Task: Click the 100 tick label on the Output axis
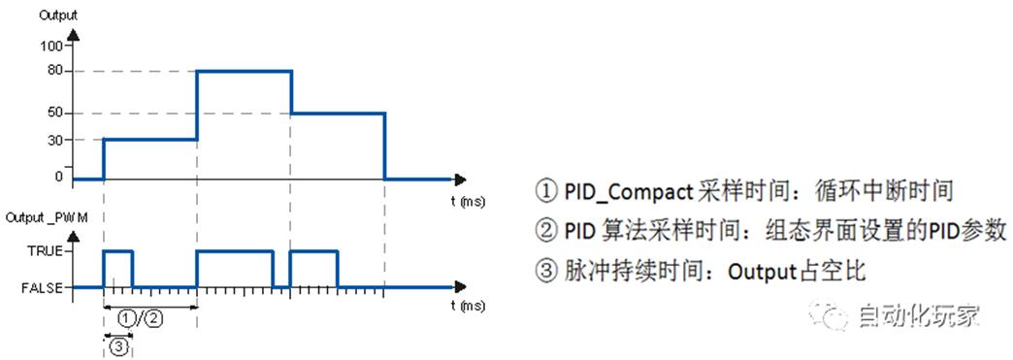[51, 46]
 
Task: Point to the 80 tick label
[54, 71]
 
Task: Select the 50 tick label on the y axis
[54, 113]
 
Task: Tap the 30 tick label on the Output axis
[54, 140]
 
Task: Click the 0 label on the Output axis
[58, 177]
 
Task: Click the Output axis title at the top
[57, 14]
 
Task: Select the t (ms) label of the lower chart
[469, 307]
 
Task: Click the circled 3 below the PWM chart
[117, 346]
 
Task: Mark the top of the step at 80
[244, 71]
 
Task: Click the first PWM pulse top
[117, 251]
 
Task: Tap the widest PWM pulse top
[234, 251]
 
